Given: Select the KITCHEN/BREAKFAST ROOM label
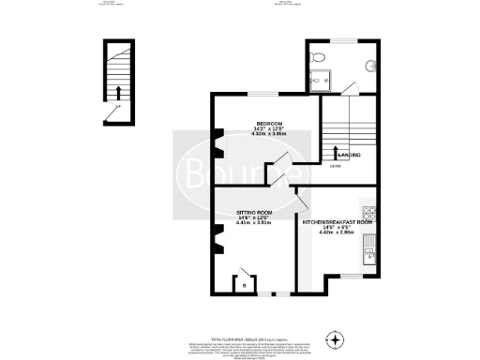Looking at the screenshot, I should [337, 222].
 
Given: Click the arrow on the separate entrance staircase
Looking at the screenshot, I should [119, 91].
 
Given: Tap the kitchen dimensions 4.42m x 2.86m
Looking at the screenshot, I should [337, 232].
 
